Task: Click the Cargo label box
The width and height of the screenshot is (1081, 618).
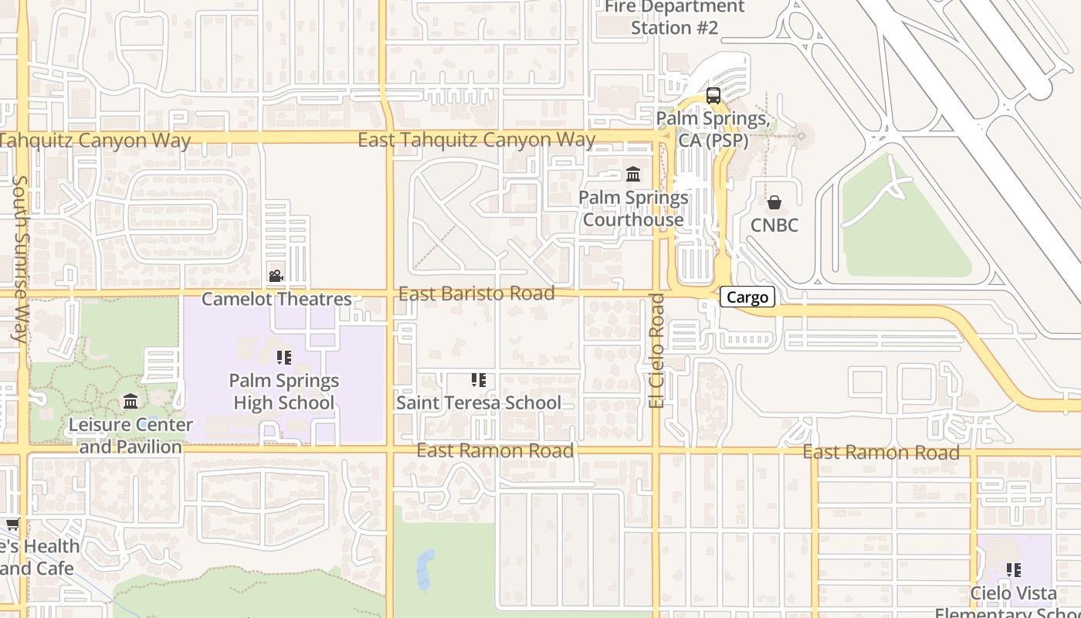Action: [x=747, y=297]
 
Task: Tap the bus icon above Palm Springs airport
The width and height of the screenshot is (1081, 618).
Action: [x=713, y=96]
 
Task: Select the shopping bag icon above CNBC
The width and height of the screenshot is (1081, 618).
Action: [x=774, y=202]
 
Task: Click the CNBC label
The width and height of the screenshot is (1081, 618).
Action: [x=774, y=226]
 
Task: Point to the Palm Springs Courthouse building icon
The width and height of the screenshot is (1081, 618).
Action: [x=634, y=174]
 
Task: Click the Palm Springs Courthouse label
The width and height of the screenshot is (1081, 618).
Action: [x=634, y=209]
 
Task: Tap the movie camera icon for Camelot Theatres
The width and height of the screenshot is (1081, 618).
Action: [x=276, y=276]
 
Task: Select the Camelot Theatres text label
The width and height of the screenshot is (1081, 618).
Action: [x=276, y=299]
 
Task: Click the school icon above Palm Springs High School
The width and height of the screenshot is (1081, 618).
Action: [x=284, y=357]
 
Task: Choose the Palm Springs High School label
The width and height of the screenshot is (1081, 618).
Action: [x=284, y=392]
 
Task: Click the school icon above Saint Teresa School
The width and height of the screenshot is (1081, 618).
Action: [x=479, y=379]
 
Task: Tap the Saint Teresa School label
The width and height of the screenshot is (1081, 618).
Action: [x=479, y=402]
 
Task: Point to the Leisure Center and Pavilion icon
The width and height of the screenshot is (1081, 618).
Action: [x=130, y=402]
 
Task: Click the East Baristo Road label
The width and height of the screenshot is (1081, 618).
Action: [x=476, y=294]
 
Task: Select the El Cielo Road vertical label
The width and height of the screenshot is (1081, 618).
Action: [x=656, y=350]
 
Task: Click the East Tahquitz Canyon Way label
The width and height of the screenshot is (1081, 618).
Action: [x=476, y=140]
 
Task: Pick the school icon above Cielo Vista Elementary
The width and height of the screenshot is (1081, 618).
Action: [x=1014, y=570]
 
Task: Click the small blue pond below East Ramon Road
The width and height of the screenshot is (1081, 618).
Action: [x=425, y=570]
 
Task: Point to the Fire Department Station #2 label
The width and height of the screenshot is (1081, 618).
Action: [x=674, y=17]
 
